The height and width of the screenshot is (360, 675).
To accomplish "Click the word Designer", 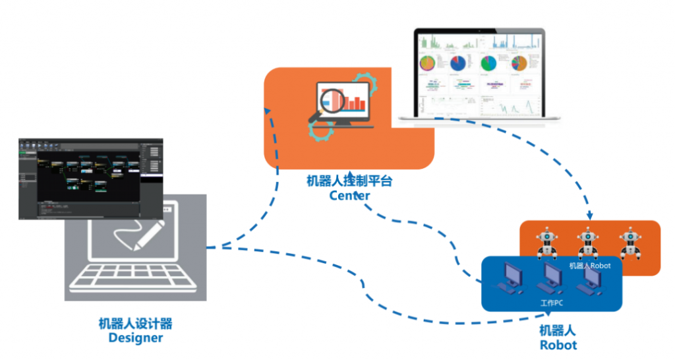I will click(x=135, y=338).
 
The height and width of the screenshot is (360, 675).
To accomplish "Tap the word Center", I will click(x=349, y=195).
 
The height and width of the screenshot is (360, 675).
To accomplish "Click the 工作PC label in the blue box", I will click(x=551, y=303).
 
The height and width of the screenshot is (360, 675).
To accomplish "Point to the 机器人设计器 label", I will click(x=135, y=323).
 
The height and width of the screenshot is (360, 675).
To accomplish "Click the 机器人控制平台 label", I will click(x=349, y=181).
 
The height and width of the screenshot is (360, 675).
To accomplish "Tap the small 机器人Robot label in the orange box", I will click(x=590, y=266).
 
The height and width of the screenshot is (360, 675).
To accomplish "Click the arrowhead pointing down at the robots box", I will click(x=589, y=216).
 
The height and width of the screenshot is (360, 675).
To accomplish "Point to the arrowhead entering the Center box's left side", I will click(x=267, y=111).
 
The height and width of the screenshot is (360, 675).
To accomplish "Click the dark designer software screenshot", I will click(x=90, y=178).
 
